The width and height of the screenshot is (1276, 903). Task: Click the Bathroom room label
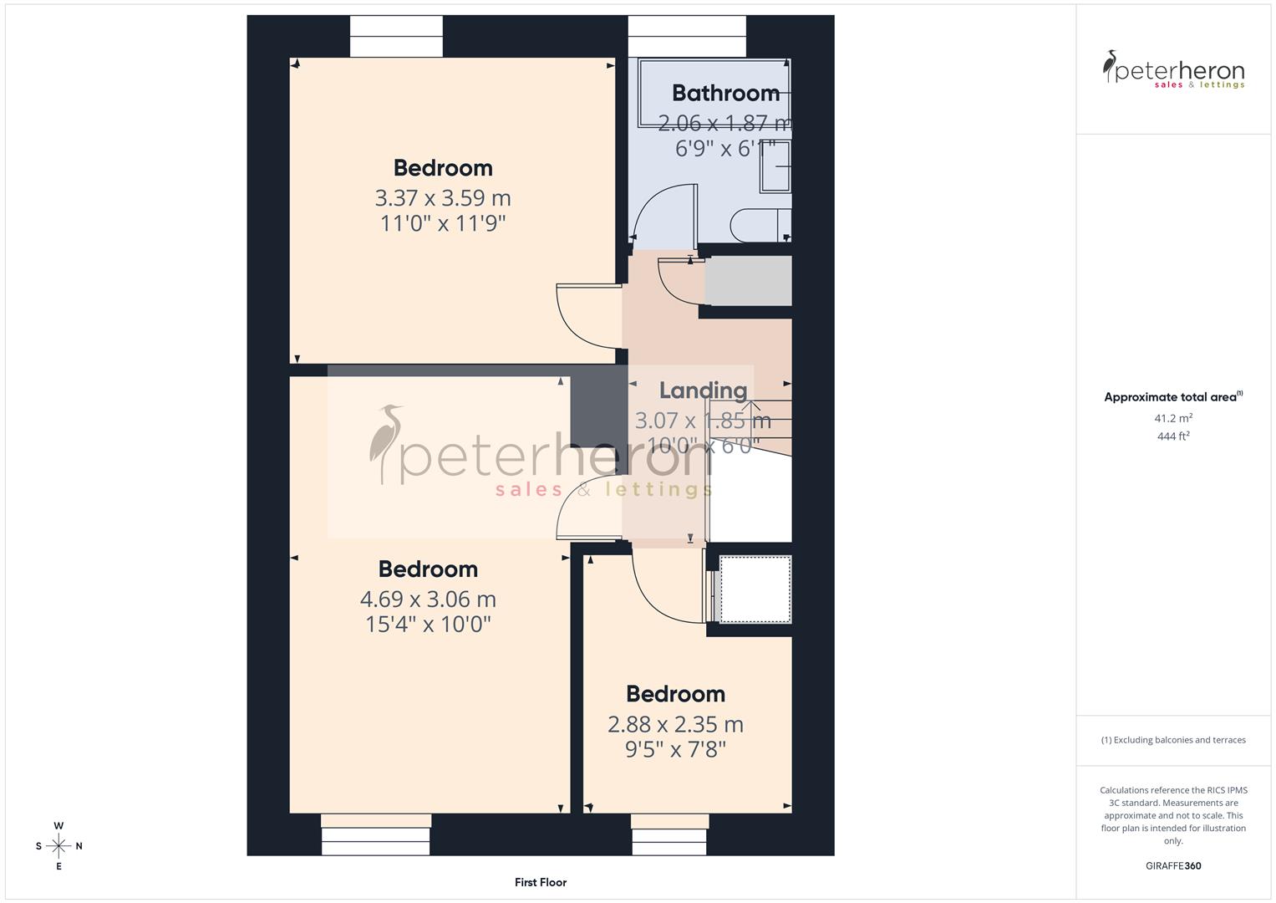(725, 93)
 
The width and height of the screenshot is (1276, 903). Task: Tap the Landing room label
(703, 390)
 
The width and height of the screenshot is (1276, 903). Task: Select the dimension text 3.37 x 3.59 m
(442, 198)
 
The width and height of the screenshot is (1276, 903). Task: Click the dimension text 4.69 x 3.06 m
(428, 599)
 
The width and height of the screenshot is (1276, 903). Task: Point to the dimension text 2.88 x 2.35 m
(675, 724)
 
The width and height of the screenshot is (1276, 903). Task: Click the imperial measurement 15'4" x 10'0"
(428, 625)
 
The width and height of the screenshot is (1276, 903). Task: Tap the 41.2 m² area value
(1172, 418)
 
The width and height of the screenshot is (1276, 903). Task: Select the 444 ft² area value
(1172, 436)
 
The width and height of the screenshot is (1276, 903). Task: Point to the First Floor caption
(541, 882)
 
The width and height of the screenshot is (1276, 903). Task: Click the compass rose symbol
(58, 846)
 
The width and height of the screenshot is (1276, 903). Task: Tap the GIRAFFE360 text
(1172, 865)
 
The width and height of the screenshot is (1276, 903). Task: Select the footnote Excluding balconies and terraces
(1172, 740)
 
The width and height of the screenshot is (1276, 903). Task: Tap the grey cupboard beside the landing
(748, 281)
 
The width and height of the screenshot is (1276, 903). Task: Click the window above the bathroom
(686, 37)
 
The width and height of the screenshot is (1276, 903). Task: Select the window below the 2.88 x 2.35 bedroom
(670, 834)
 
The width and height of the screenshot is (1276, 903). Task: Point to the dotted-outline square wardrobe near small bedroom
(755, 589)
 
